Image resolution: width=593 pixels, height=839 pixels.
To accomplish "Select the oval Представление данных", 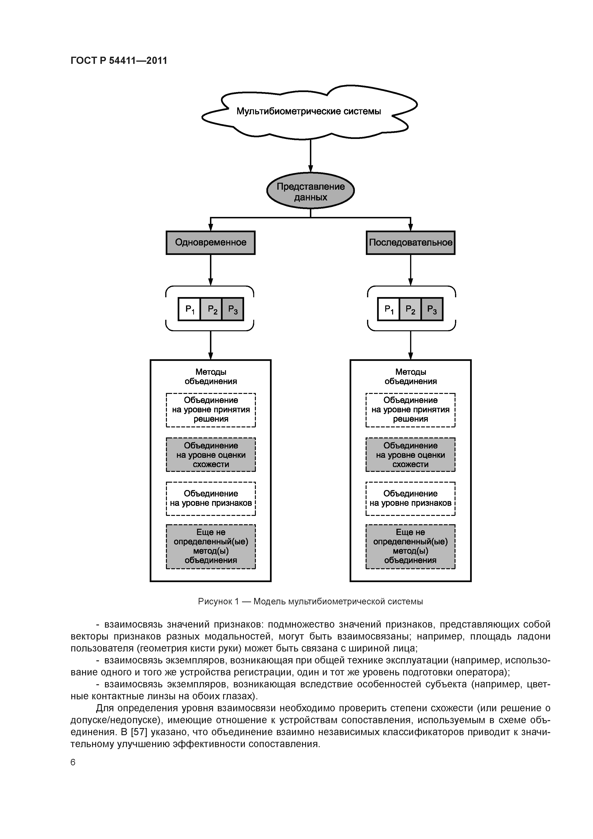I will [311, 191].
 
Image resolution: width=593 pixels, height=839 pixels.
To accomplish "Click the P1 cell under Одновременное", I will [189, 309].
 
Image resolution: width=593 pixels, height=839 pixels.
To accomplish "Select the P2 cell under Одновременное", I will [211, 309].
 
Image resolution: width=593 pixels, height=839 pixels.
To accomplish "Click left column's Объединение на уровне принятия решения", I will [211, 410].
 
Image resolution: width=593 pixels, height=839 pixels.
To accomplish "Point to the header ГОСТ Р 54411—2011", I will [119, 61].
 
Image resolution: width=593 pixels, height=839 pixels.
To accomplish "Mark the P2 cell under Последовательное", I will [410, 309].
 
